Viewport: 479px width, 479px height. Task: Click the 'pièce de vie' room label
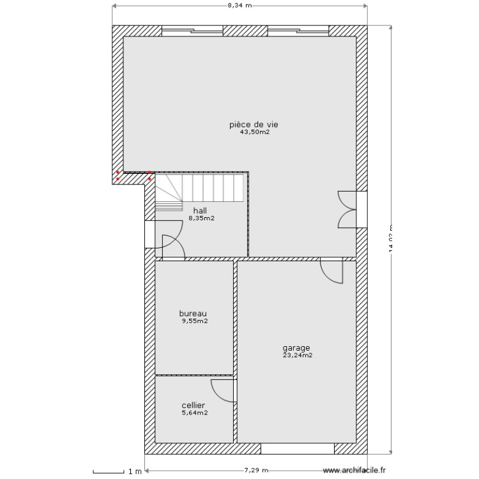(x=254, y=125)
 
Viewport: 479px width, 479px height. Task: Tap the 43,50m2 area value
(x=254, y=133)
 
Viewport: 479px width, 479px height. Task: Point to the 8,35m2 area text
(x=201, y=218)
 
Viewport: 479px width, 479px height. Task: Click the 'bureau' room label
(x=193, y=314)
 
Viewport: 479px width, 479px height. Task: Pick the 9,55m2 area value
(x=195, y=321)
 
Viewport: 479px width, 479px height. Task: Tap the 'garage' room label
(x=296, y=348)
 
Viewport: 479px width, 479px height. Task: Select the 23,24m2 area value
(x=298, y=356)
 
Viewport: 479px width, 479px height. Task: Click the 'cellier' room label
(x=193, y=405)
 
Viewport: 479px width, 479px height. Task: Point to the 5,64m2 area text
(x=195, y=413)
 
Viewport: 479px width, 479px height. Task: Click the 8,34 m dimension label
(x=240, y=5)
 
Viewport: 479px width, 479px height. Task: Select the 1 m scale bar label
(x=134, y=472)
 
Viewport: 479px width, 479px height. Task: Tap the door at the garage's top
(x=332, y=270)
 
